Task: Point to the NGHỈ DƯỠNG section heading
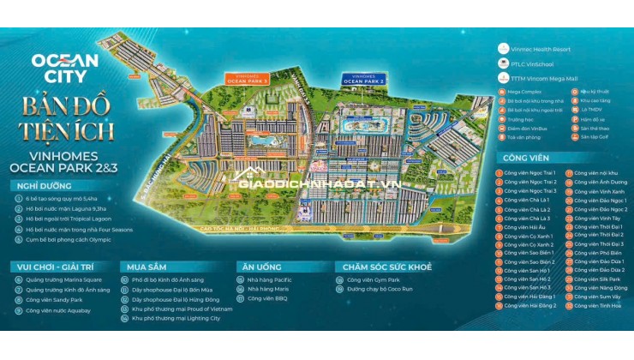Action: pos(39,186)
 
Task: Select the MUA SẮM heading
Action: pos(140,267)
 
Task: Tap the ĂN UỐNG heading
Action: pos(256,267)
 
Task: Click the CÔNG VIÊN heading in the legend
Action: pos(525,157)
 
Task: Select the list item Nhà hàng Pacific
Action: pos(270,279)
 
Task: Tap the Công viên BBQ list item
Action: pos(267,299)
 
